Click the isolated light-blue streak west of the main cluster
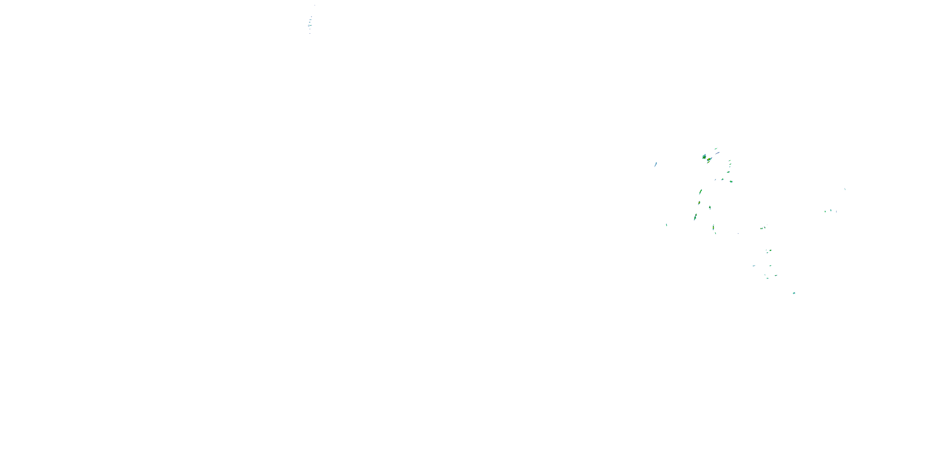click(656, 164)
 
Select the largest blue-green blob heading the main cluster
click(704, 157)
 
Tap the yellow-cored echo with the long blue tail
click(709, 160)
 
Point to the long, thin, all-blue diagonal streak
click(717, 153)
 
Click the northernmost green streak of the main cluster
click(716, 149)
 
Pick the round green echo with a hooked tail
click(731, 182)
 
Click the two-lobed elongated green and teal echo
click(695, 217)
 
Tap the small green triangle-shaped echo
click(723, 179)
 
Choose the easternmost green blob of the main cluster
click(731, 182)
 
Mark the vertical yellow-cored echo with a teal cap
click(713, 227)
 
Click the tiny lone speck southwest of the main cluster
click(666, 225)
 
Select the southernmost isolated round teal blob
click(794, 293)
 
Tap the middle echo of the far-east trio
click(831, 210)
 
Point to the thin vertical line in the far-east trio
click(836, 211)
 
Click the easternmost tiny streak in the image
click(845, 189)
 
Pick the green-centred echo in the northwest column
click(310, 25)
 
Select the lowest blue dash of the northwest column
click(310, 34)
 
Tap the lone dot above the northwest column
click(315, 5)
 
